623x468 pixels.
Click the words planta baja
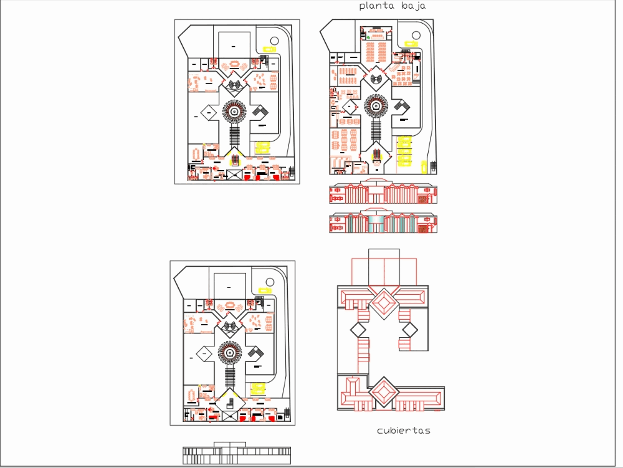392,6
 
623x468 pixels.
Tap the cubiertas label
404,431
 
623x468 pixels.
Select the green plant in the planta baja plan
368,37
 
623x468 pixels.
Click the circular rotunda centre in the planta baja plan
376,106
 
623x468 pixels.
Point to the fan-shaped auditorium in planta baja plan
376,79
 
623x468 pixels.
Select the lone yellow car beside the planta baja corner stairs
423,167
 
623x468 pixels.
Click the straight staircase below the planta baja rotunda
376,130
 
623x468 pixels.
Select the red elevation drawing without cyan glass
382,193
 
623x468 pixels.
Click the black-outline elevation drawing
236,455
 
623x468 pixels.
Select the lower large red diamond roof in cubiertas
384,393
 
